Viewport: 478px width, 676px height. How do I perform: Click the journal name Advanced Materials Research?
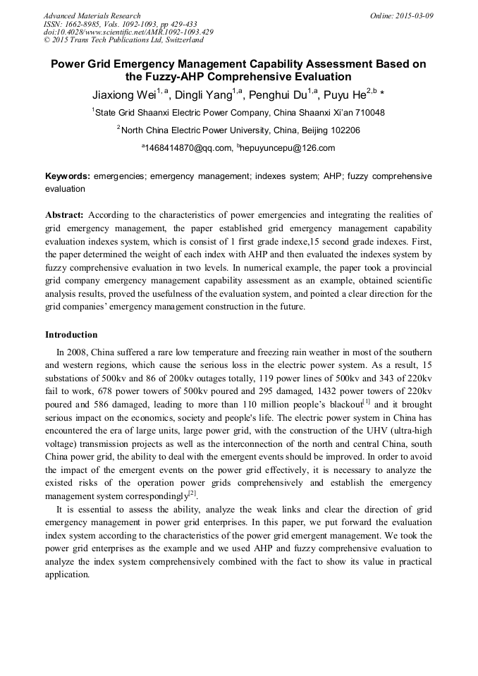click(x=92, y=16)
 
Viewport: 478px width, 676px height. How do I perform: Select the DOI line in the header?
click(x=128, y=32)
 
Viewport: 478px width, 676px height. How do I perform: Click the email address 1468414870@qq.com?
click(x=188, y=148)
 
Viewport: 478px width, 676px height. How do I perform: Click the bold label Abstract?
click(x=64, y=214)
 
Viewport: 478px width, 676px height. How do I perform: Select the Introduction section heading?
click(x=71, y=335)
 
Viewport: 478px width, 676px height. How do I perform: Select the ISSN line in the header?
click(x=120, y=24)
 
